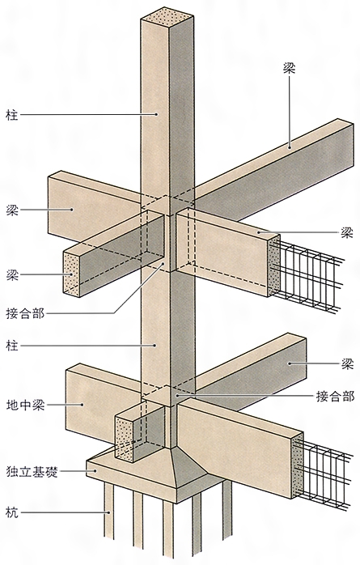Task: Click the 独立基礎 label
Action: pos(32,472)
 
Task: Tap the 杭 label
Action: pos(12,512)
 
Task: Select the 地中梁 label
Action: pos(25,405)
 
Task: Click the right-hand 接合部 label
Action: pos(335,397)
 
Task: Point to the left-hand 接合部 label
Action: pos(25,313)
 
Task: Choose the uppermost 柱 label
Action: pos(12,115)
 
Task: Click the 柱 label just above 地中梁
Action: pos(12,346)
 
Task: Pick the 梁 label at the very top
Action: pos(289,68)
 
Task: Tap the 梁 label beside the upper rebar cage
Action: pos(347,233)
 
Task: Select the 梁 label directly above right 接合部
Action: pos(347,364)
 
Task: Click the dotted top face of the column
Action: pos(167,15)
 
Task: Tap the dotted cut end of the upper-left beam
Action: pos(71,274)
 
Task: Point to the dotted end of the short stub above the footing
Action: pos(124,440)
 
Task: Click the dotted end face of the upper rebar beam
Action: pos(274,266)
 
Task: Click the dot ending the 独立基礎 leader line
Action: pos(95,470)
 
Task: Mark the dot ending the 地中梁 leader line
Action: pos(83,405)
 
